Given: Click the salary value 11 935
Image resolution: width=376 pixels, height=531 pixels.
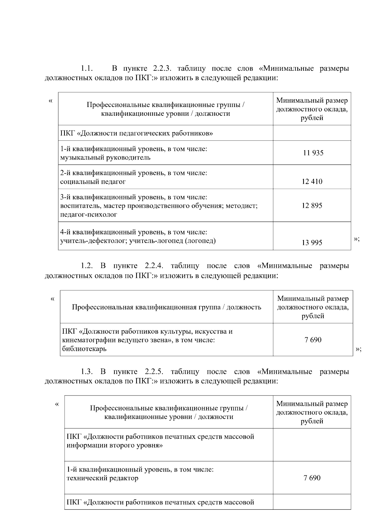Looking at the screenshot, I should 313,153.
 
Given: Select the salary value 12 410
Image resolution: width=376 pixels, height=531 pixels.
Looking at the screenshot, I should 312,181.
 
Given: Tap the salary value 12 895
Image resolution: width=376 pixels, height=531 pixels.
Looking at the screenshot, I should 312,206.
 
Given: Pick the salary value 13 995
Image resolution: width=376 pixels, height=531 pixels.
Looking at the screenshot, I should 312,243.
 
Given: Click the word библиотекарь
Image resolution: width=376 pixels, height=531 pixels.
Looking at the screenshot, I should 84,349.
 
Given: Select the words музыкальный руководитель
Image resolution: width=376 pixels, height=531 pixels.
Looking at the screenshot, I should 105,157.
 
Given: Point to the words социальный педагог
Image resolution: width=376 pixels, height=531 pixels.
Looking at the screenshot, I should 93,181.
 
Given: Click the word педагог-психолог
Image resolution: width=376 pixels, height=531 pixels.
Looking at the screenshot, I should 89,215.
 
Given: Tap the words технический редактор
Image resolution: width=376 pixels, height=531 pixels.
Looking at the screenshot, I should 102,478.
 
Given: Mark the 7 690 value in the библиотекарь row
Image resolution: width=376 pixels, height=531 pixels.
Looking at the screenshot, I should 313,340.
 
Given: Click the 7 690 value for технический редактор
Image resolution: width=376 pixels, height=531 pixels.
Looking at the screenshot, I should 312,478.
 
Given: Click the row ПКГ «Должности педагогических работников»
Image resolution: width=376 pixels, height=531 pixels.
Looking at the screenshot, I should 137,134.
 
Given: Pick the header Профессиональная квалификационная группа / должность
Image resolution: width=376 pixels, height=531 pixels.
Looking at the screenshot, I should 166,307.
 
